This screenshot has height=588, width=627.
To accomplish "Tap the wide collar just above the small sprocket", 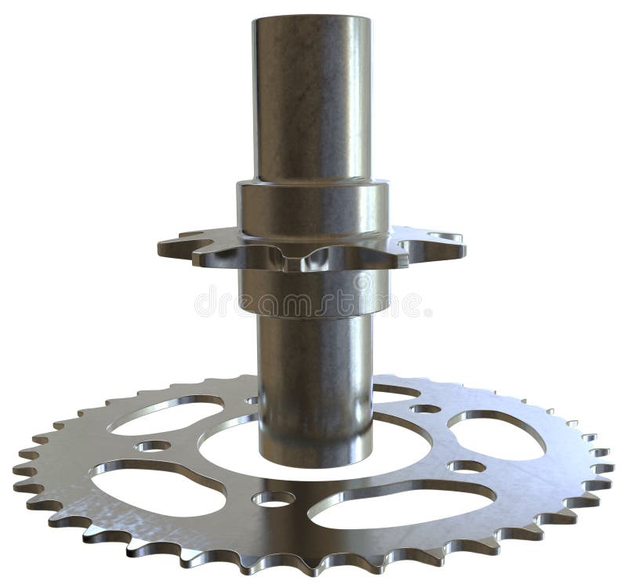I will click(313, 208).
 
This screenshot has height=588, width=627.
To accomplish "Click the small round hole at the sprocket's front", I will click(274, 498).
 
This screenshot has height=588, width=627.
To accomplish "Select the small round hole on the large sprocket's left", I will click(152, 446).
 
